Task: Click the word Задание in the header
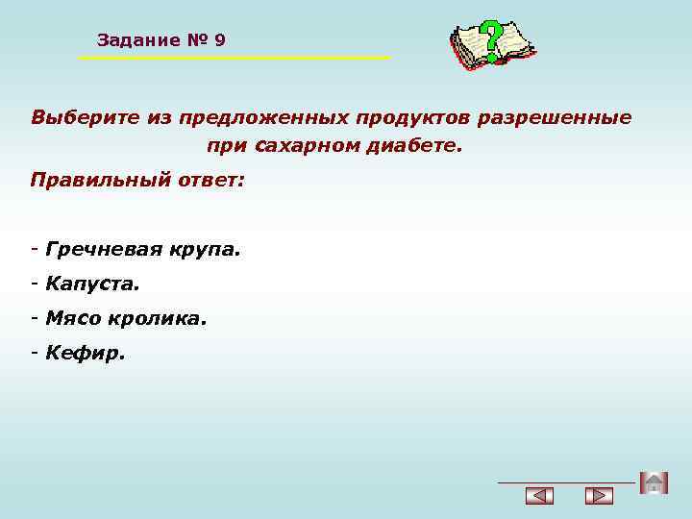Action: (138, 40)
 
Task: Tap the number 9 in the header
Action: (220, 40)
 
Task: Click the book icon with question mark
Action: (492, 44)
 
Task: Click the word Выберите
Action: (85, 117)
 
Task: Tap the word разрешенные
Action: (567, 117)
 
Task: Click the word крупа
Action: (205, 250)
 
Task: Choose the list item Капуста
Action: (91, 284)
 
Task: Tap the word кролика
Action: (159, 318)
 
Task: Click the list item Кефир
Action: (85, 353)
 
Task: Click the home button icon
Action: (654, 482)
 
